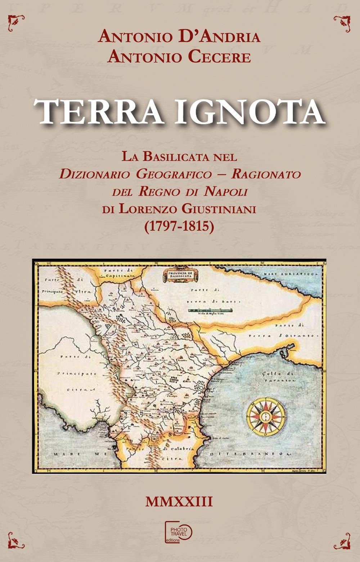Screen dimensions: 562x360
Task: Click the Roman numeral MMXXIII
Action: coord(179,502)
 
